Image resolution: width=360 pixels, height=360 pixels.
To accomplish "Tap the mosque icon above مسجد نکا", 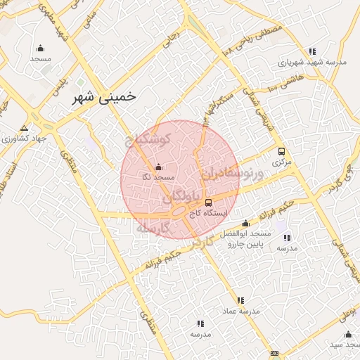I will [158, 167].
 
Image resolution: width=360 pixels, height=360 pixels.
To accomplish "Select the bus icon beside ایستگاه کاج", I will [207, 202].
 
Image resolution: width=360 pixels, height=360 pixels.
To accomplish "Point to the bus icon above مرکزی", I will [282, 151].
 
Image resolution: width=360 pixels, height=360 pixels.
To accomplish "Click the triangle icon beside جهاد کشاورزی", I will [25, 128].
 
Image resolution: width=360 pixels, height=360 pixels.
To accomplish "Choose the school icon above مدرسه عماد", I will [241, 300].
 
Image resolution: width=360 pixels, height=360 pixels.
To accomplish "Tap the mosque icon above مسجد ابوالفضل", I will [245, 223].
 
